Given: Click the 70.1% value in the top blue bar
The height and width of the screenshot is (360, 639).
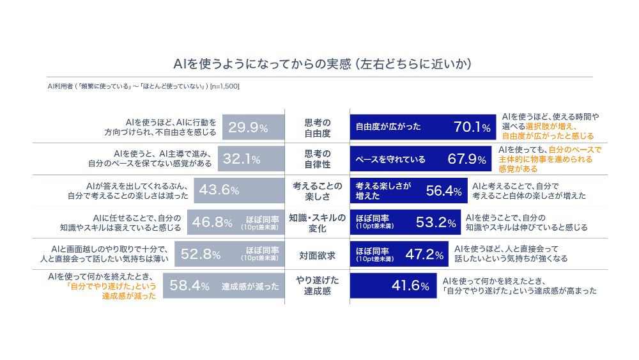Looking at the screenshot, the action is pos(472,127).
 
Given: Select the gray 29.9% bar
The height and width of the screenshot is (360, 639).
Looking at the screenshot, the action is pos(253,127).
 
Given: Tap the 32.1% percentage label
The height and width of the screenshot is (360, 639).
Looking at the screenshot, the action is pos(242,159).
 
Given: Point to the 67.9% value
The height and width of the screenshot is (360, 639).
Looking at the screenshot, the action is pos(466,159).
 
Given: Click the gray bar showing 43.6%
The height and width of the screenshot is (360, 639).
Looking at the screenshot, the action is pos(239,191).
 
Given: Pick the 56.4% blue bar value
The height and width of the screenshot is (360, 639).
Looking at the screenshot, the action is pos(444,191).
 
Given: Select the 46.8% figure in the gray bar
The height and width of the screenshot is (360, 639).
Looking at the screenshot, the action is pos(212,222).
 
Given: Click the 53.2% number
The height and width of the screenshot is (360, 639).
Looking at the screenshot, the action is pos(436,222).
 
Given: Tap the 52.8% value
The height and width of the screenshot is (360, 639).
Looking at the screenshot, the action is pos(201,254).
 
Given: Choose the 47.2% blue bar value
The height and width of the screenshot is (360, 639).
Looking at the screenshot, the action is pos(424,254).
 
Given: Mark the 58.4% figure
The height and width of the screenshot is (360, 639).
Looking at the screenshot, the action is pos(189,285).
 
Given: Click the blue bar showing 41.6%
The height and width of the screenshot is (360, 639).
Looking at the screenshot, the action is pos(393,285).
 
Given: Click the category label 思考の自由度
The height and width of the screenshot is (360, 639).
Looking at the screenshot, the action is pos(318,128).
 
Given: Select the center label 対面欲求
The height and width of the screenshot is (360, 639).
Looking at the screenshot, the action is pos(317,256).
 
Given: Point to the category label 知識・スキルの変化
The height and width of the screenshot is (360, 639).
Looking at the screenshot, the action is pos(317,223).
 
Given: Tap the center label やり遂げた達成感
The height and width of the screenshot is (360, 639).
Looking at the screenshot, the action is pos(317,285).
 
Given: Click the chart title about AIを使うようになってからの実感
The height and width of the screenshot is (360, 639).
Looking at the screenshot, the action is pos(322,64).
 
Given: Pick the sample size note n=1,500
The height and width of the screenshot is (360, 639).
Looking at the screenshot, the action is pos(224,86).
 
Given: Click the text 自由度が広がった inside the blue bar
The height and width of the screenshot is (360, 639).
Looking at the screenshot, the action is pos(388,127).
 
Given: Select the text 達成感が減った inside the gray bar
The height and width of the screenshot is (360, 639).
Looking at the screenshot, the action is pos(250,286).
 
